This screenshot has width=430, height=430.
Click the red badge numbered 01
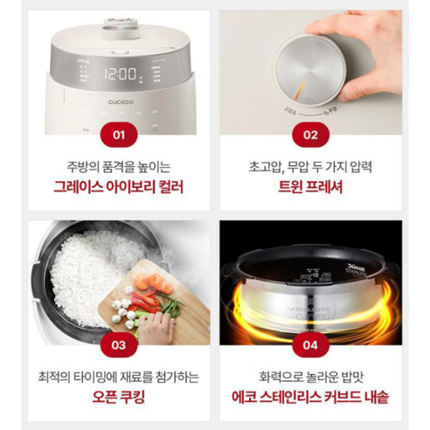click(x=119, y=135)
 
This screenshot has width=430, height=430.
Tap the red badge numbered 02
click(x=310, y=135)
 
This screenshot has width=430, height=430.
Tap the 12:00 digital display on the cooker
click(x=120, y=74)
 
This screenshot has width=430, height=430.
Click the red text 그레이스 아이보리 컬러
click(x=119, y=186)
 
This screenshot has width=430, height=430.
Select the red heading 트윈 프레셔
click(x=310, y=186)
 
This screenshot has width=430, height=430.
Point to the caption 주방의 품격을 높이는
click(x=119, y=165)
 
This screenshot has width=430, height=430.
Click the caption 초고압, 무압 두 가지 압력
click(x=310, y=165)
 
